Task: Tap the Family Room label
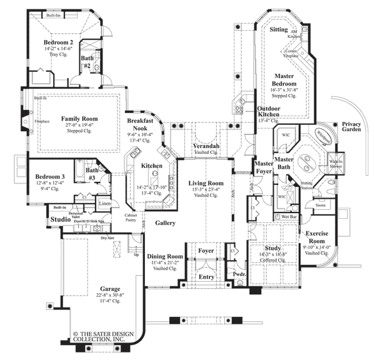[x=78, y=117]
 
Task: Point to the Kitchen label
[x=151, y=166]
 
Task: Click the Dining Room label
[x=165, y=256]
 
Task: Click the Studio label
[x=61, y=220]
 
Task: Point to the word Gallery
[x=165, y=222]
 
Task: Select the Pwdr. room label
[x=239, y=273]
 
